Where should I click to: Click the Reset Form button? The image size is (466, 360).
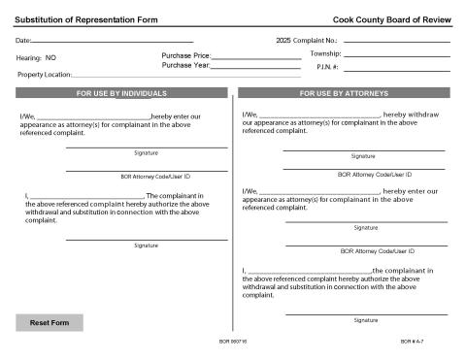(50, 322)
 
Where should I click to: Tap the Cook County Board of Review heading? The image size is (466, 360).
(391, 18)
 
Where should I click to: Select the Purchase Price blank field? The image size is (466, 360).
(255, 57)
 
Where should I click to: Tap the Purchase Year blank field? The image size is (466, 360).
(255, 68)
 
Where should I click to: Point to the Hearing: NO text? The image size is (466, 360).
(37, 58)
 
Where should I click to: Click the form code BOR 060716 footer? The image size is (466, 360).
(233, 343)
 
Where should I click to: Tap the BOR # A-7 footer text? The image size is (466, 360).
(413, 343)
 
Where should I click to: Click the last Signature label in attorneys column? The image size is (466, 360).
(366, 319)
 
